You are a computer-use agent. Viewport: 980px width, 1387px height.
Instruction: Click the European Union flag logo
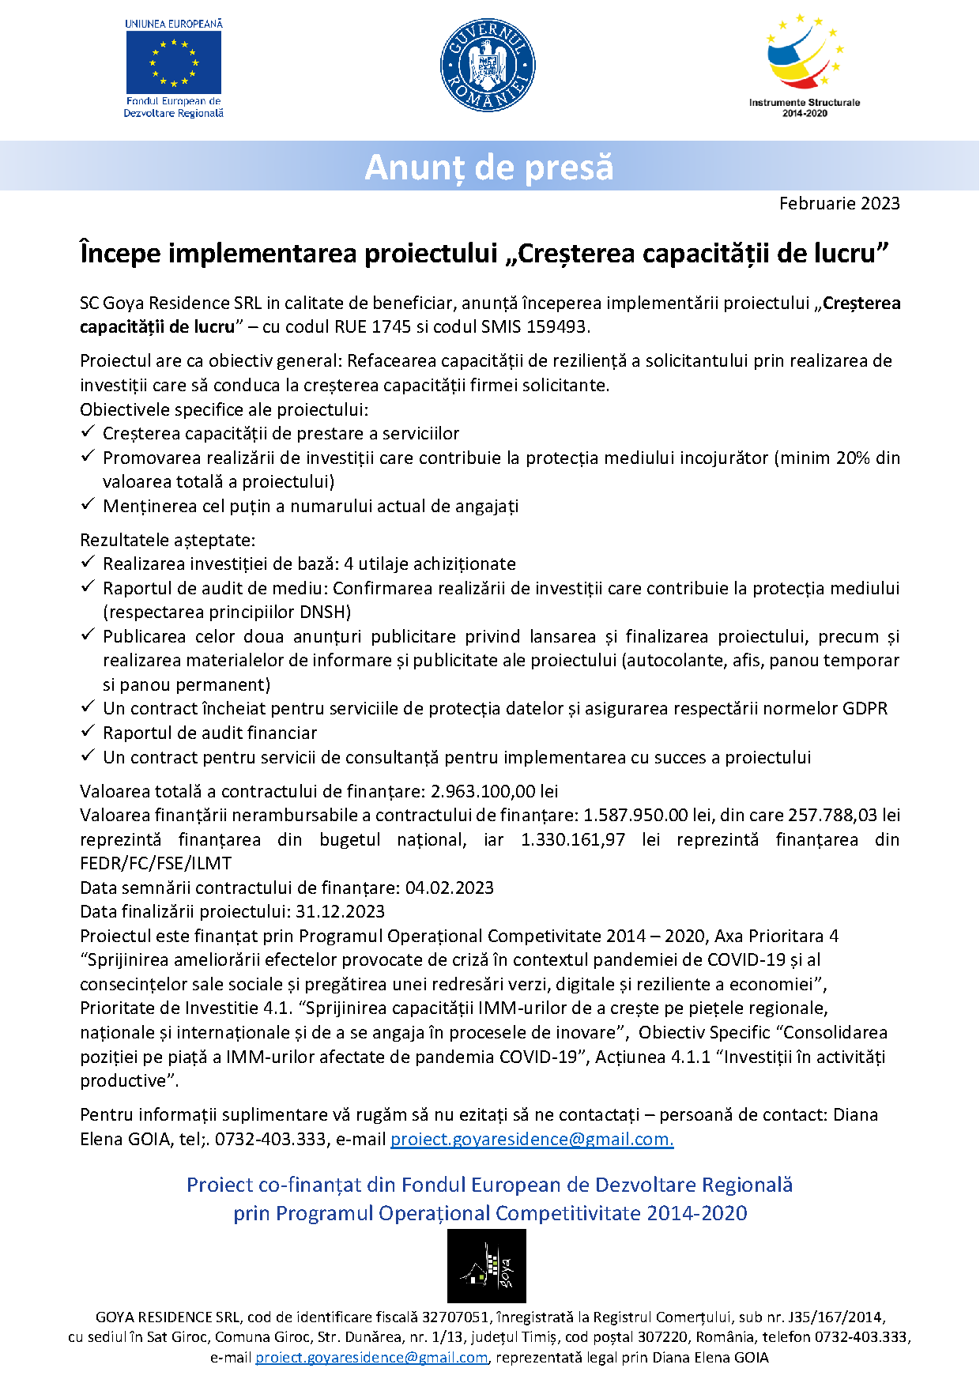pyautogui.click(x=174, y=62)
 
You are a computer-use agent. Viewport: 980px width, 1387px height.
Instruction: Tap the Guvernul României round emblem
pyautogui.click(x=488, y=66)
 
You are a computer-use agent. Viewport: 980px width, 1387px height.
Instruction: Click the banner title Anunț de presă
pyautogui.click(x=489, y=168)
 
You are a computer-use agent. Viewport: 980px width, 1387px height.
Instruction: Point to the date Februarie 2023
pyautogui.click(x=839, y=204)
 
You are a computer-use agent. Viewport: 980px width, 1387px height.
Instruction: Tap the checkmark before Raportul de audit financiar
pyautogui.click(x=88, y=731)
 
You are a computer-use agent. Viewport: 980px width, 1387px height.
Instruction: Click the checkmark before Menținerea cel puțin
pyautogui.click(x=88, y=504)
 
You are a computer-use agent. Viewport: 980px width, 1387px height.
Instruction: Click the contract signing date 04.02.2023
pyautogui.click(x=449, y=888)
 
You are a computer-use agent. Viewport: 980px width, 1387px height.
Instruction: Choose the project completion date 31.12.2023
pyautogui.click(x=340, y=911)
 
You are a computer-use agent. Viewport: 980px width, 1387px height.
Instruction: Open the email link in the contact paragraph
pyautogui.click(x=532, y=1139)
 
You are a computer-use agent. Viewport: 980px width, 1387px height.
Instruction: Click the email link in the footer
pyautogui.click(x=371, y=1357)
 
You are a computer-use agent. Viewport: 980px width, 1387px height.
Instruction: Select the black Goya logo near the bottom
pyautogui.click(x=487, y=1266)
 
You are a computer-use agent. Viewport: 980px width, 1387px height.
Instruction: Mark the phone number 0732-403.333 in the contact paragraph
pyautogui.click(x=270, y=1139)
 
